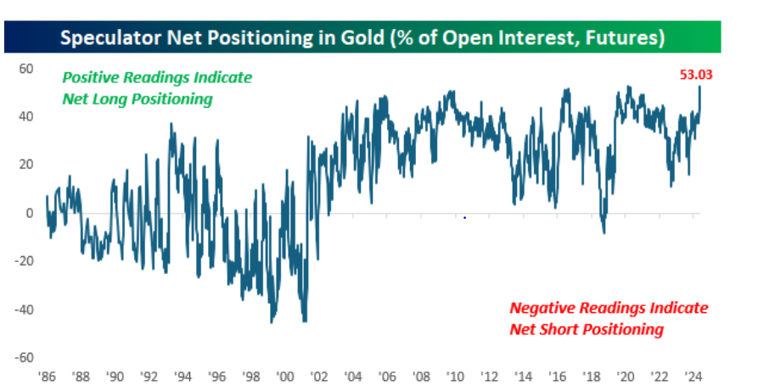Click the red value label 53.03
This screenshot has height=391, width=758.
coord(695,75)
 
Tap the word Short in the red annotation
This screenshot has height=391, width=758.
coord(567,328)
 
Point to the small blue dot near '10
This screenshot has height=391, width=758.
coord(465,218)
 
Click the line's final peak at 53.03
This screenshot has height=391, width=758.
coord(699,86)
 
